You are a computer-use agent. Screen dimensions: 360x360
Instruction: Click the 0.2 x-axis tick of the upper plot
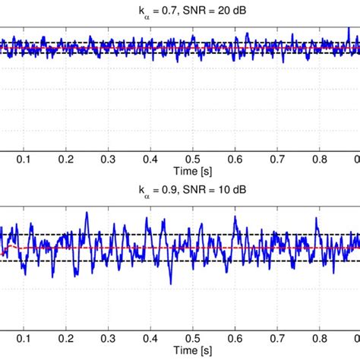[x=68, y=159]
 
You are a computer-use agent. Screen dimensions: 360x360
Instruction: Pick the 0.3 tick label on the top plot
[x=110, y=159]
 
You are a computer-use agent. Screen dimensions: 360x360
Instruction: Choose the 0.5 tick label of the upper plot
[x=195, y=159]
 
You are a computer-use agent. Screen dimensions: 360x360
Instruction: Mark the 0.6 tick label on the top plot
[x=238, y=159]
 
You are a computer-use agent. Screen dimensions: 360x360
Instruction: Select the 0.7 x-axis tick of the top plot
[x=280, y=159]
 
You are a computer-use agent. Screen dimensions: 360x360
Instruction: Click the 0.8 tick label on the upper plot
[x=323, y=159]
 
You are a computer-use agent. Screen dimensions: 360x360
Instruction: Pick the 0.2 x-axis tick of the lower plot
[x=68, y=342]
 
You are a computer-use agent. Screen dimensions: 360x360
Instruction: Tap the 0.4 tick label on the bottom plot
[x=153, y=342]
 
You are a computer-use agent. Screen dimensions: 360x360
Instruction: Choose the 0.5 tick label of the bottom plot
[x=195, y=342]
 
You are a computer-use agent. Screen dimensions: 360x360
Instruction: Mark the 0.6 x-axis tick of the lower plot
[x=238, y=342]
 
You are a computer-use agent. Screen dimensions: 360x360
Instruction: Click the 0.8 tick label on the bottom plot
[x=323, y=342]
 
